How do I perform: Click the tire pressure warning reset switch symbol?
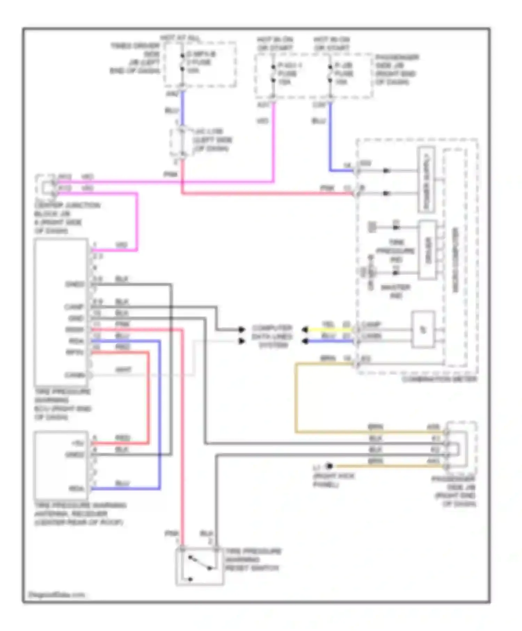tap(199, 567)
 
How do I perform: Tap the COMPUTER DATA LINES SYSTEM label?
tap(272, 336)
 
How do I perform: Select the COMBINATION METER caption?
tap(439, 379)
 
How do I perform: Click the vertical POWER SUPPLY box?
tap(426, 180)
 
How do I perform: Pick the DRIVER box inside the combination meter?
tap(428, 250)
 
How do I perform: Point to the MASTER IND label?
tap(396, 291)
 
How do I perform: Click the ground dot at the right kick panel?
tap(329, 466)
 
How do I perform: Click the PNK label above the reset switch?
tap(171, 534)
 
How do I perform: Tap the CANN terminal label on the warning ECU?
tap(75, 375)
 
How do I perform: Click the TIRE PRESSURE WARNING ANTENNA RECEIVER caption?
tap(80, 514)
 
